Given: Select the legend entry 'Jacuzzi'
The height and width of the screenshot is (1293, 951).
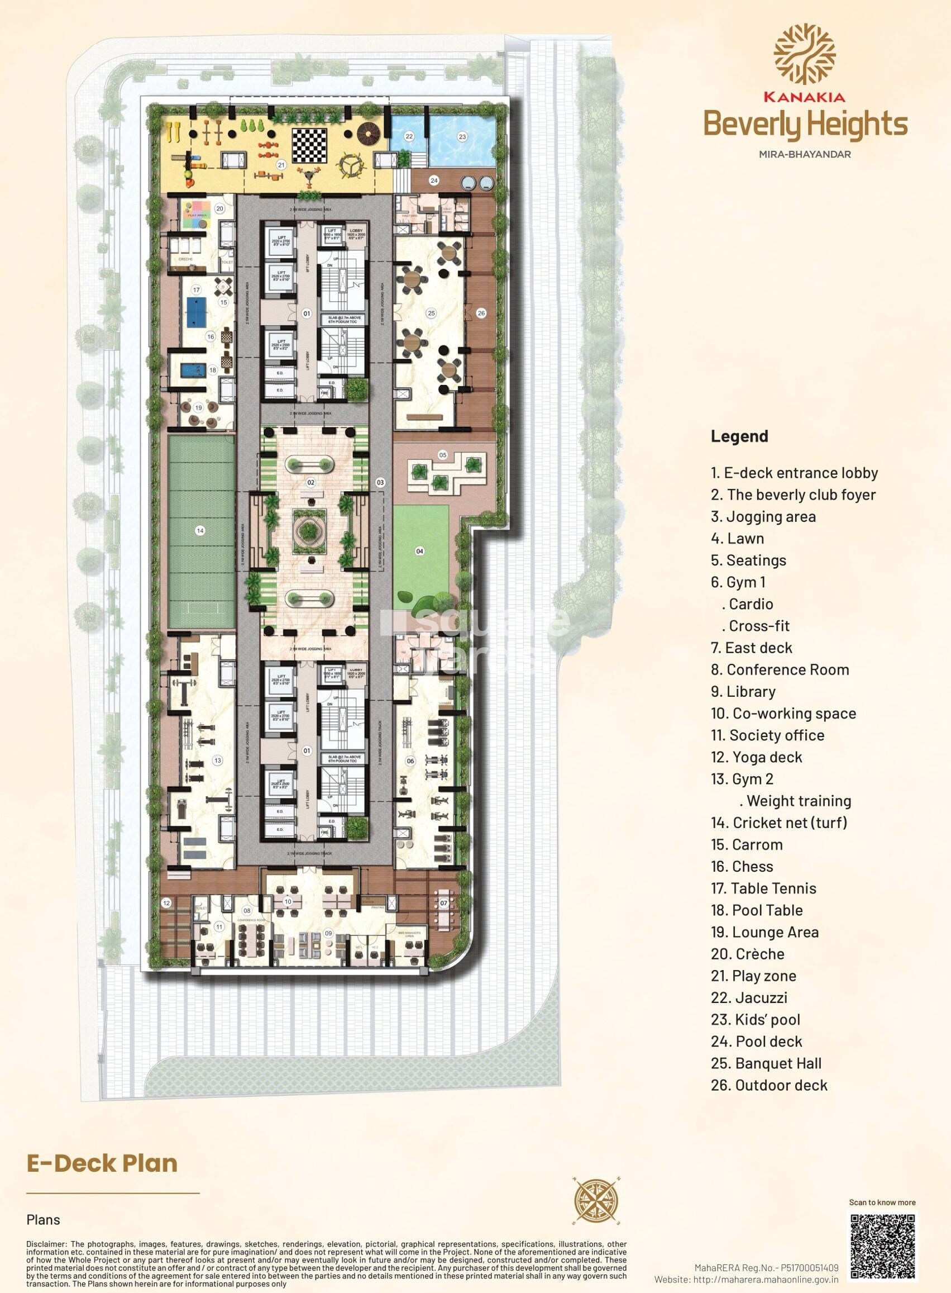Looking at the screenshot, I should (749, 997).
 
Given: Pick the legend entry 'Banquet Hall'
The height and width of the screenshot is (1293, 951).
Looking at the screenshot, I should (775, 1063).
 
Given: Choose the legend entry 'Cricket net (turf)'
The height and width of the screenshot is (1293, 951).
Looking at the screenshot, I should (779, 823).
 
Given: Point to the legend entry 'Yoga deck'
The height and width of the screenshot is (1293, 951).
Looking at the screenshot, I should (757, 757).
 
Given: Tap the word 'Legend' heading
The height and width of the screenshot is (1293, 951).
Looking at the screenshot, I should (739, 436).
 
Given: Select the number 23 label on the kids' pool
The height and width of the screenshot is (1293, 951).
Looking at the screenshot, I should (462, 136).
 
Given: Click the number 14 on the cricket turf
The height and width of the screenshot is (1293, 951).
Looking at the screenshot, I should (200, 531).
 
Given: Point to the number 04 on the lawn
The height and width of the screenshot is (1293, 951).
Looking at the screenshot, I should (420, 551).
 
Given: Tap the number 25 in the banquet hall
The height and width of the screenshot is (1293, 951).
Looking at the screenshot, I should (432, 314).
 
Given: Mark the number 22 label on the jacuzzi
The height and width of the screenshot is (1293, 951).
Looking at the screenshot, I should (409, 136).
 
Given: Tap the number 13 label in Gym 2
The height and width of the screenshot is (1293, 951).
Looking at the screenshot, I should (217, 761).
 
